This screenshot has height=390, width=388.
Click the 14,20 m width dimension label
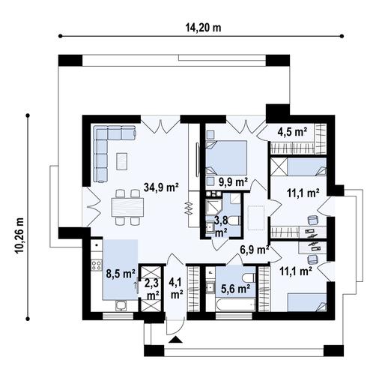[x=203, y=28]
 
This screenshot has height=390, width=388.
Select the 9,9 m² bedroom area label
[x=233, y=181]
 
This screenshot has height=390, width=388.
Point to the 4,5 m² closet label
[x=293, y=131]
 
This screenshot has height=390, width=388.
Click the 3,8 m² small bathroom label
[x=221, y=225]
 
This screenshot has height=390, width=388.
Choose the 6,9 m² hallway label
[x=253, y=249]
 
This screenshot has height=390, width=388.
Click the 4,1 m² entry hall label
[x=176, y=287]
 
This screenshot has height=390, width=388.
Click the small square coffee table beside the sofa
[x=121, y=159]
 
